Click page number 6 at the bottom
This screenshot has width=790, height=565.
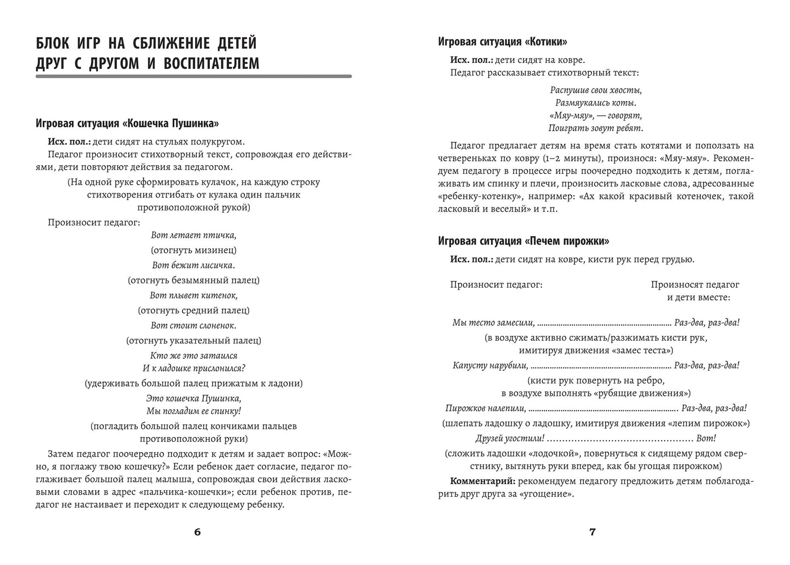197,532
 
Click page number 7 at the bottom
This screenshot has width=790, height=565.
592,532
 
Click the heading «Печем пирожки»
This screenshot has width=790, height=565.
524,241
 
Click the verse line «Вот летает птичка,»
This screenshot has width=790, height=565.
194,235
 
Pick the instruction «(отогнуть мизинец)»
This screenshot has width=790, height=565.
194,250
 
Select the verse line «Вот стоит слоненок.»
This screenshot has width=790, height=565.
194,325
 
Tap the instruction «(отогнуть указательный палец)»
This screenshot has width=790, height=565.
194,340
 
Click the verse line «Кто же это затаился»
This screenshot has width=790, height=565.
194,356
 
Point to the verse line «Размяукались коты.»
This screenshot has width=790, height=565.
595,102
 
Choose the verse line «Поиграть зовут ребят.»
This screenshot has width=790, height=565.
595,128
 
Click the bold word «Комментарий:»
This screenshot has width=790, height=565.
483,481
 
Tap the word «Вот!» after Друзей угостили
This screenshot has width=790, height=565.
707,438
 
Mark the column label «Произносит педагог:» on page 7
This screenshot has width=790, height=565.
496,284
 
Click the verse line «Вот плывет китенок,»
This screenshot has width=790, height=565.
194,295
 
